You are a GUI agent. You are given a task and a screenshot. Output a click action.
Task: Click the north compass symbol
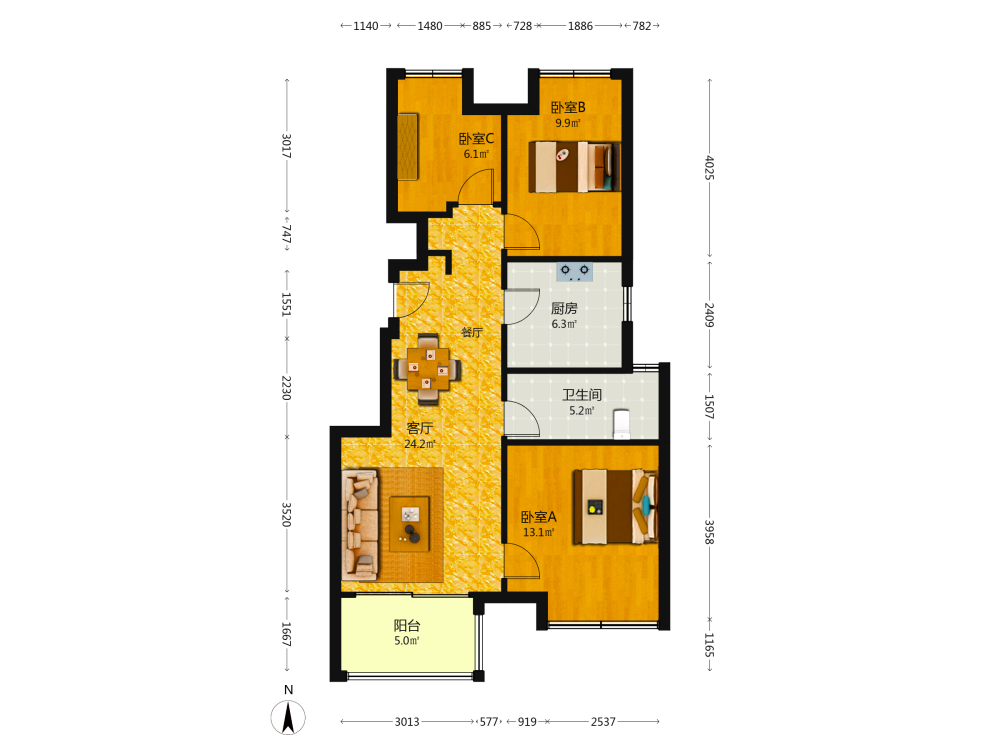pyautogui.click(x=288, y=717)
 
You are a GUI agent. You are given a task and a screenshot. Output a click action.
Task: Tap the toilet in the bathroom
pyautogui.click(x=621, y=424)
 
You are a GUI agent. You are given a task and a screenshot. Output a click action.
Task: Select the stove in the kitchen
pyautogui.click(x=575, y=272)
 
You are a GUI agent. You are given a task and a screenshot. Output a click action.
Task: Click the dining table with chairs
pyautogui.click(x=428, y=369)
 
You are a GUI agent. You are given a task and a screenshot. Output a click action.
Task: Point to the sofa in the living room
pyautogui.click(x=360, y=525)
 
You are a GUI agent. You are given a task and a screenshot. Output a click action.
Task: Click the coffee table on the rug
pyautogui.click(x=409, y=524)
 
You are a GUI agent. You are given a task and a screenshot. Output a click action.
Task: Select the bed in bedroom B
pyautogui.click(x=574, y=166)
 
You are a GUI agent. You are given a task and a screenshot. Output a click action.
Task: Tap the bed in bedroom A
pyautogui.click(x=615, y=506)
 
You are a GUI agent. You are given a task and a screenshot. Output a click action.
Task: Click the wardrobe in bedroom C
pyautogui.click(x=408, y=147)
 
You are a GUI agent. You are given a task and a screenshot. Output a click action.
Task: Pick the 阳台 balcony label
pyautogui.click(x=407, y=626)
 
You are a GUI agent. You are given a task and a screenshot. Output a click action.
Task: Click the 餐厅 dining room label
pyautogui.click(x=472, y=332)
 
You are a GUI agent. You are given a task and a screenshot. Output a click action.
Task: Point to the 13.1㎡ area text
pyautogui.click(x=539, y=533)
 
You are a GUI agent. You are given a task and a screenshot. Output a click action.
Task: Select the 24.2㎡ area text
pyautogui.click(x=420, y=444)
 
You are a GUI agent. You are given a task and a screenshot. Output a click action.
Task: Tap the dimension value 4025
pyautogui.click(x=709, y=168)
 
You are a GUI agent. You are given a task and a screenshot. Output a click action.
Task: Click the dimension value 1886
pyautogui.click(x=580, y=26)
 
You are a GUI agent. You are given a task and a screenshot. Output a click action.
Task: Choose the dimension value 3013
pyautogui.click(x=407, y=722)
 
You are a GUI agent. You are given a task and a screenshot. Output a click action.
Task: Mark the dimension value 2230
pyautogui.click(x=286, y=388)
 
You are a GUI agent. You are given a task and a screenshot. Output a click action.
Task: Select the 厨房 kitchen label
pyautogui.click(x=564, y=309)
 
